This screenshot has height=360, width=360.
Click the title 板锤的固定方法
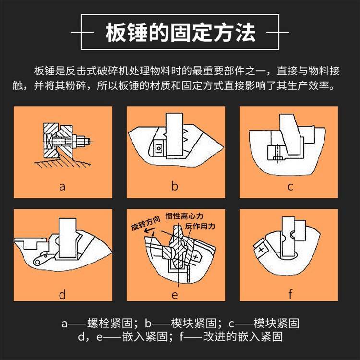click(x=180, y=32)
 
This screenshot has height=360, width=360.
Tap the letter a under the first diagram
click(x=62, y=187)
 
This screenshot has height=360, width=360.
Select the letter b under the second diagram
click(x=175, y=185)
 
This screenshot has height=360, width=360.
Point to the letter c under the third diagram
click(x=290, y=187)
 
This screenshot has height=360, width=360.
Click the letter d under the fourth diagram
click(x=62, y=294)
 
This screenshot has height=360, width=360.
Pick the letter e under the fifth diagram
click(x=175, y=295)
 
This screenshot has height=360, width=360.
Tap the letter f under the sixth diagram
click(x=290, y=294)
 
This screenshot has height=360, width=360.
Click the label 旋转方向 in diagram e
click(x=145, y=223)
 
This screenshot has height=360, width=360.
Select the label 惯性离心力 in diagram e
click(x=184, y=216)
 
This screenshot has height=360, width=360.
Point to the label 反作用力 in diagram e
click(x=200, y=227)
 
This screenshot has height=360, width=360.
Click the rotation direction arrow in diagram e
click(x=149, y=230)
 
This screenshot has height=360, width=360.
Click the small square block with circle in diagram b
click(x=159, y=148)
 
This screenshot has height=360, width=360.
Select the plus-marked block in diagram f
click(x=261, y=249)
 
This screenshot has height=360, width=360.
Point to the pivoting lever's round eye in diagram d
click(x=37, y=262)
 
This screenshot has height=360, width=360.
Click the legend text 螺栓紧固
click(x=110, y=323)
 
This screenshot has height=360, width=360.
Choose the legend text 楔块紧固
click(x=193, y=323)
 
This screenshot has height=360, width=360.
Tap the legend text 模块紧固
click(x=276, y=323)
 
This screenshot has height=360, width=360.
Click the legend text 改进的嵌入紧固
click(x=243, y=336)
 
